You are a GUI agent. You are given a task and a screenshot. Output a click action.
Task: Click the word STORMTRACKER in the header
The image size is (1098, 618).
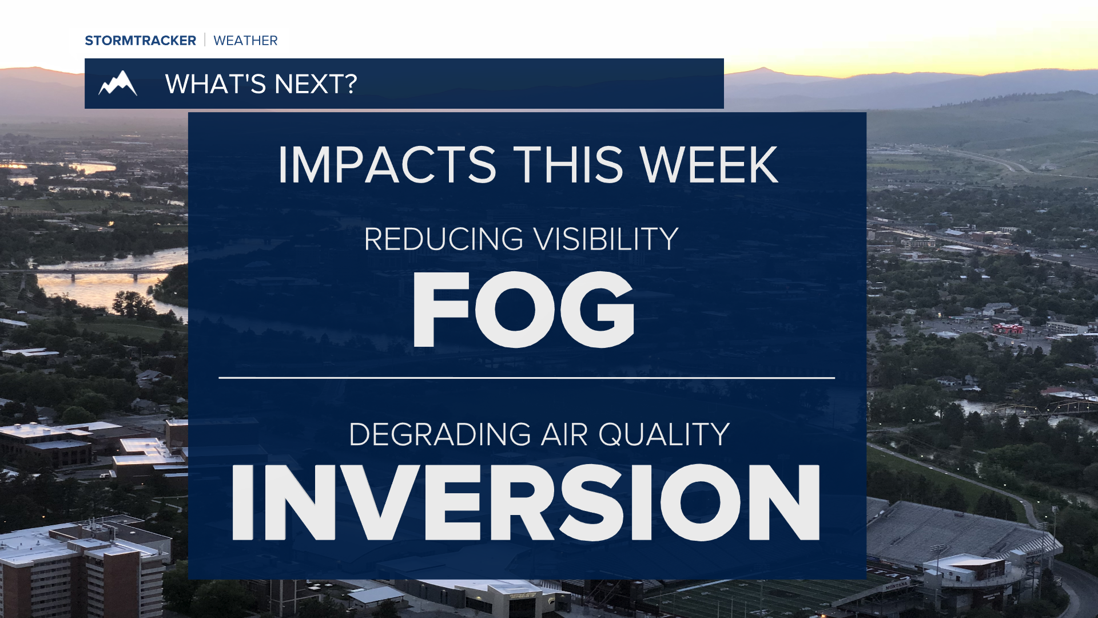140,41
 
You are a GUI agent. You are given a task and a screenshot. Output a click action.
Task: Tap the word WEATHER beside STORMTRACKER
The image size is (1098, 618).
245,41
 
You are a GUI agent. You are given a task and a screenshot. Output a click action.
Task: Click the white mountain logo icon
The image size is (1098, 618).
118,84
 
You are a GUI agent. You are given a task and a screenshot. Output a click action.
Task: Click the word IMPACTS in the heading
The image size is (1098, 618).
387,165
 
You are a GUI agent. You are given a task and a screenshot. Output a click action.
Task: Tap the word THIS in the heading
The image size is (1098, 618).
568,165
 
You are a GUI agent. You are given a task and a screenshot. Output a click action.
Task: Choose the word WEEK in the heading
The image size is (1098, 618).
709,165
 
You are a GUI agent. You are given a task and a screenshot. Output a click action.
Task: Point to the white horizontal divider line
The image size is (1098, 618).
527,378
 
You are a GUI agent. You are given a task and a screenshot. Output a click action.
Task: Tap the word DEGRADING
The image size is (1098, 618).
440,434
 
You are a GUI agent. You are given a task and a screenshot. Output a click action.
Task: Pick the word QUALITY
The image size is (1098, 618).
664,435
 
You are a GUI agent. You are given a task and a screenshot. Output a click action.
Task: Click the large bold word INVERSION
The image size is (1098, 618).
526,502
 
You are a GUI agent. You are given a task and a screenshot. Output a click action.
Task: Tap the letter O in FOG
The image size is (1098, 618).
516,310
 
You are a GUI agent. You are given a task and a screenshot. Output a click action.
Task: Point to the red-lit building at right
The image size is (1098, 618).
1008,328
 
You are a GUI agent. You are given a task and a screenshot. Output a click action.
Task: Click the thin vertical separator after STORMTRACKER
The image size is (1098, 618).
205,40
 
